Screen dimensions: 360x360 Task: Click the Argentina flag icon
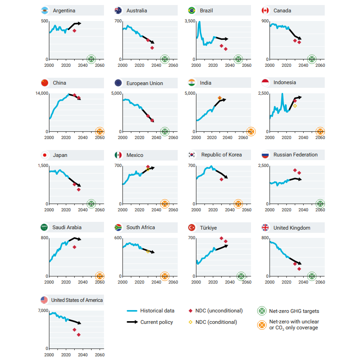[45, 10]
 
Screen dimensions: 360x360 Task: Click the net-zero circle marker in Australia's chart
[164, 59]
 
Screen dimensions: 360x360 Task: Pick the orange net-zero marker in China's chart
[100, 132]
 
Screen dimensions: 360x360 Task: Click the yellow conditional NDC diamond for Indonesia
[295, 106]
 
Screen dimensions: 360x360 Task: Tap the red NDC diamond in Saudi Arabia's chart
[74, 247]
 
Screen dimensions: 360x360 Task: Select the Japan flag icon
[45, 155]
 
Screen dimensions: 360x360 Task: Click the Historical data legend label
[157, 311]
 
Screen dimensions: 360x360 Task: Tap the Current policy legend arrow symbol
[132, 322]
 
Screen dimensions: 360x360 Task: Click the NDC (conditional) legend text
[216, 322]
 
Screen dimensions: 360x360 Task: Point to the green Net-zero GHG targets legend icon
[262, 311]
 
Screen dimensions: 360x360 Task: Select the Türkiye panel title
[209, 227]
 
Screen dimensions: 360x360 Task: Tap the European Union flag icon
[118, 83]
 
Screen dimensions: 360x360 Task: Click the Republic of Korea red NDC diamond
[221, 179]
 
